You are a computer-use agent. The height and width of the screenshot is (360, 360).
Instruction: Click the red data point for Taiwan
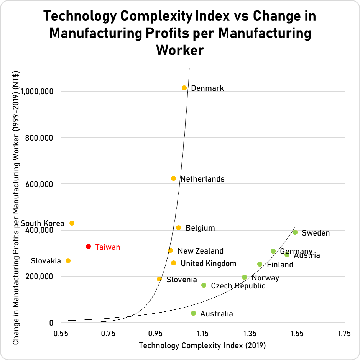(x=88, y=247)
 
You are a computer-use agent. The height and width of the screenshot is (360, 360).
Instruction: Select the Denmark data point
(x=184, y=88)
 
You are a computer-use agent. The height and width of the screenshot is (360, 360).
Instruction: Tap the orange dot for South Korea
(x=72, y=223)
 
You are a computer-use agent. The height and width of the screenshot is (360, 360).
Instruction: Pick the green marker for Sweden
(x=295, y=232)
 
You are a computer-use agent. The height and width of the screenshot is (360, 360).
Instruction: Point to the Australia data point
(x=193, y=313)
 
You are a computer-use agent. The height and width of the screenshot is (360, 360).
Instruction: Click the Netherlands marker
(x=173, y=178)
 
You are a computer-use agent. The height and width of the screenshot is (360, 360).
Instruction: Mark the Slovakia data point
(x=68, y=260)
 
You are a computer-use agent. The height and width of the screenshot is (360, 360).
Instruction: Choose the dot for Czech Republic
(x=204, y=285)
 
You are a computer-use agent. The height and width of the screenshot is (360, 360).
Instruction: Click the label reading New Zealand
(x=200, y=251)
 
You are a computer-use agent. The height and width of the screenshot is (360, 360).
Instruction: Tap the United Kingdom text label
(x=208, y=263)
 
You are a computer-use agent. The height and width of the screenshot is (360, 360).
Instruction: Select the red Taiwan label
(x=107, y=247)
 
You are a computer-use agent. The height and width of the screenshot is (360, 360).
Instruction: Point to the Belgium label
(x=200, y=228)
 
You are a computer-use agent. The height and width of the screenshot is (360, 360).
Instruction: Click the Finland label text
(x=280, y=265)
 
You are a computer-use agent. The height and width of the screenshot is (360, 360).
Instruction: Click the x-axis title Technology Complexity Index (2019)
(x=202, y=345)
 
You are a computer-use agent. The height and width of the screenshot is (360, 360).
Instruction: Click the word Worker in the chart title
(x=180, y=50)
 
